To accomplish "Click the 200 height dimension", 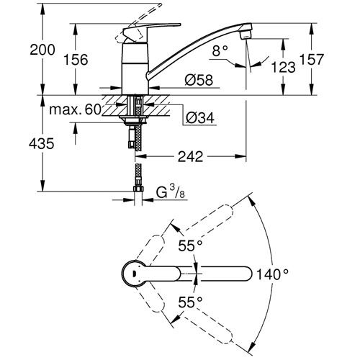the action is [x=42, y=50].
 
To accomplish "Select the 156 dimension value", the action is [x=76, y=60].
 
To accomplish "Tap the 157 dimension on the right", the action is [x=312, y=59].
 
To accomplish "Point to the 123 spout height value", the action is [x=283, y=67].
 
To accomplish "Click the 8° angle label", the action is [x=220, y=50].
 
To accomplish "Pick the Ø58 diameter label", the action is [x=199, y=80].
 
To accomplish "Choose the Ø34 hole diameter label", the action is [x=200, y=117].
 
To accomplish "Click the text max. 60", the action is [x=75, y=109].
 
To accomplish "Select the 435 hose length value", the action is [x=41, y=144].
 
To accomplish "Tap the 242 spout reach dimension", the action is [x=190, y=156].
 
